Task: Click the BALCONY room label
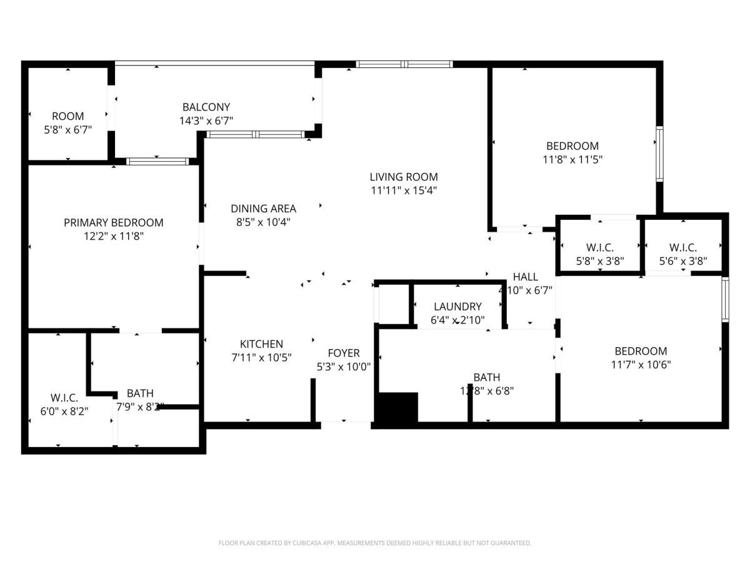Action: pos(206,107)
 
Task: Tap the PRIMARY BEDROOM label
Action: pos(114,222)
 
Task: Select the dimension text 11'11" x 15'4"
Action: pos(403,190)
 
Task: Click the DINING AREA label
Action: pos(263,209)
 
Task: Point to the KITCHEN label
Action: pos(261,344)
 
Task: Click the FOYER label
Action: pos(344,353)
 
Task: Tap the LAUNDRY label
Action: pos(457,307)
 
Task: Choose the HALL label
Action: pos(525,277)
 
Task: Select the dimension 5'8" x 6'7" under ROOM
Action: pos(67,130)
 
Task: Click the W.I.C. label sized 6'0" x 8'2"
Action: pos(64,398)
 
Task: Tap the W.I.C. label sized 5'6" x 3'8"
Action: pos(682,247)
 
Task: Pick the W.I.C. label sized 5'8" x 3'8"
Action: pos(600,247)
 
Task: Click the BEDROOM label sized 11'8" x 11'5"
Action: pos(572,145)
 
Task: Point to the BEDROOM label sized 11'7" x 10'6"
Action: pos(641,351)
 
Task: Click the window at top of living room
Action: pos(404,64)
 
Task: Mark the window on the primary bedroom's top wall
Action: pos(157,162)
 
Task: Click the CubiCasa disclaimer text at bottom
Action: pos(375,543)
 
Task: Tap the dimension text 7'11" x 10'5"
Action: pos(261,358)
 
